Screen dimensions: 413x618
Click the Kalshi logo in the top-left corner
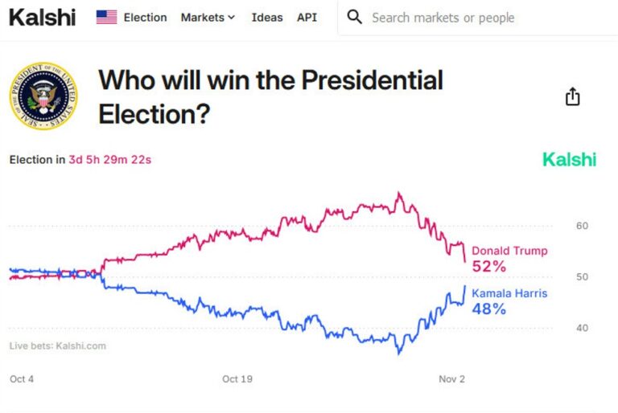click(x=42, y=17)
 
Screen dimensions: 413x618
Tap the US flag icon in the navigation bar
click(x=106, y=17)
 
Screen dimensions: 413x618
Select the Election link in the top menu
click(x=145, y=17)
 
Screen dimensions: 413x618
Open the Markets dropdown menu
click(x=208, y=17)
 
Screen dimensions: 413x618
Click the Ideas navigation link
click(x=267, y=17)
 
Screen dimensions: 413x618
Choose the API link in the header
click(x=307, y=17)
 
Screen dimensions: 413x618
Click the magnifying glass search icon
click(x=354, y=17)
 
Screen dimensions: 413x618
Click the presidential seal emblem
click(x=43, y=97)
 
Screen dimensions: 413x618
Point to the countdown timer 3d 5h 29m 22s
click(x=110, y=159)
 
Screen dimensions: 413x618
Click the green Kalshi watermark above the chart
click(x=569, y=159)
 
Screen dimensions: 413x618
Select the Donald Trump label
click(x=509, y=251)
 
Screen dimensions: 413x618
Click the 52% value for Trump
click(x=489, y=266)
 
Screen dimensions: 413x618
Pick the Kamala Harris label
click(x=509, y=293)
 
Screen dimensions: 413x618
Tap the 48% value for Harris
click(x=489, y=309)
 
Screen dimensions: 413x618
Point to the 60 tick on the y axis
click(x=582, y=226)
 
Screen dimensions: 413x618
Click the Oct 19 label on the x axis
click(x=238, y=378)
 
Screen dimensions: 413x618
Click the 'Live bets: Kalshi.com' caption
click(x=57, y=346)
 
